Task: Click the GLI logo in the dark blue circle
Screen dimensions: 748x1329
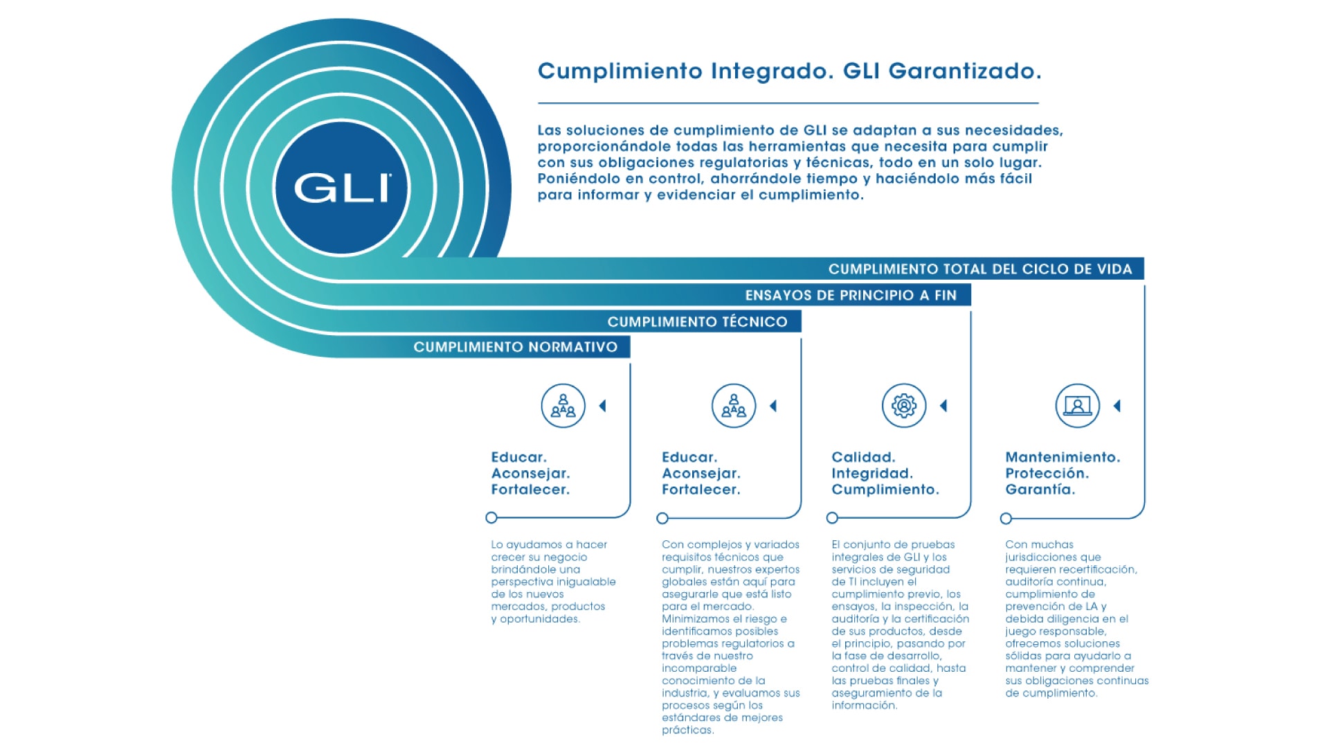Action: (342, 188)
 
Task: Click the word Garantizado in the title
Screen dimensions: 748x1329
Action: (964, 71)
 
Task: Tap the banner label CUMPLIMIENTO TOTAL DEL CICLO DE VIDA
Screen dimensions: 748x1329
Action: (979, 269)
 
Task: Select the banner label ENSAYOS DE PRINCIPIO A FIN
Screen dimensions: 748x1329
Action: (850, 295)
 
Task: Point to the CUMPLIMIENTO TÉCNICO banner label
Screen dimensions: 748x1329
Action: (697, 321)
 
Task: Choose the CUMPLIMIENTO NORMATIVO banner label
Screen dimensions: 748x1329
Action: (515, 347)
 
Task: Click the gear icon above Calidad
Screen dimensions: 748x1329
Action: (903, 406)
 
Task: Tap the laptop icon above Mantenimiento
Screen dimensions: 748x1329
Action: (1077, 406)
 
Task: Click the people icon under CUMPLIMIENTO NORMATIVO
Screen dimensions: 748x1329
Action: (563, 406)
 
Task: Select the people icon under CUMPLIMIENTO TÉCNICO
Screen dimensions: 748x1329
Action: (733, 406)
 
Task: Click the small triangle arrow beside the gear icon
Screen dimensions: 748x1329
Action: (943, 406)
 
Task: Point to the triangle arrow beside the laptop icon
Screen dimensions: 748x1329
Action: (1116, 406)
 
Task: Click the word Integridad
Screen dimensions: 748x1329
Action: (871, 473)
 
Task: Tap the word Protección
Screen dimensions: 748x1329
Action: (1047, 473)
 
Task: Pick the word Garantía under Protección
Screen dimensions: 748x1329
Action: (1040, 490)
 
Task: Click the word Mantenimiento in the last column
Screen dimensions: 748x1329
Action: (1062, 457)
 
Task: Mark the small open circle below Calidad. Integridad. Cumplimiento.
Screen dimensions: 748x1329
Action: (832, 518)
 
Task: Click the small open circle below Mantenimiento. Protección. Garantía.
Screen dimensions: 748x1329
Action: (1006, 519)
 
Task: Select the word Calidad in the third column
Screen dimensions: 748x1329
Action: (863, 457)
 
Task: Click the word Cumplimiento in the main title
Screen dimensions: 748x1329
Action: (620, 71)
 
